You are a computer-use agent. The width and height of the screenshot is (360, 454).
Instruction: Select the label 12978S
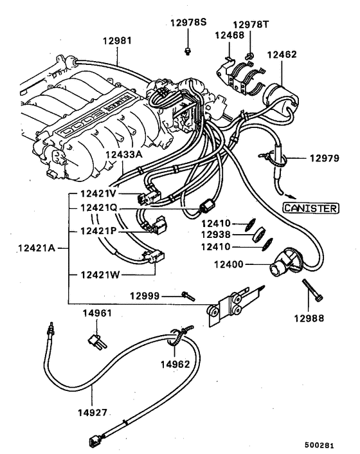click(x=188, y=23)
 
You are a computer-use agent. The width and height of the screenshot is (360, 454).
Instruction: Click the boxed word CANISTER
click(x=311, y=208)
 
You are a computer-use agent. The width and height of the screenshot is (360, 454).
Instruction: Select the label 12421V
click(x=98, y=193)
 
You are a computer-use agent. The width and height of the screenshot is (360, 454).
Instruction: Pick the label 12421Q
click(x=98, y=208)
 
